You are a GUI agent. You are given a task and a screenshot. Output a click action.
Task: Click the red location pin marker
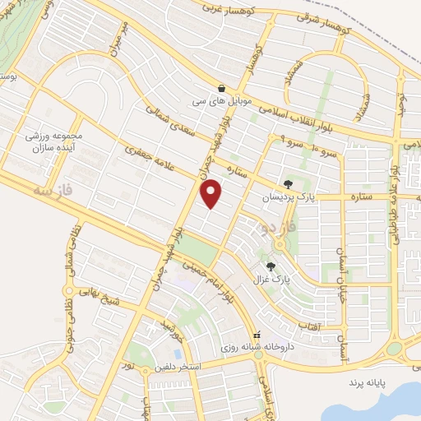coord(212,192)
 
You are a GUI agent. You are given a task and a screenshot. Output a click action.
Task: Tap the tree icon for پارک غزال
coord(271,266)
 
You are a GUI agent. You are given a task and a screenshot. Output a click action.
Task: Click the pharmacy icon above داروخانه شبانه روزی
coord(257,335)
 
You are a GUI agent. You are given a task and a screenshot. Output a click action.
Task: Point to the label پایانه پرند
coord(366,383)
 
